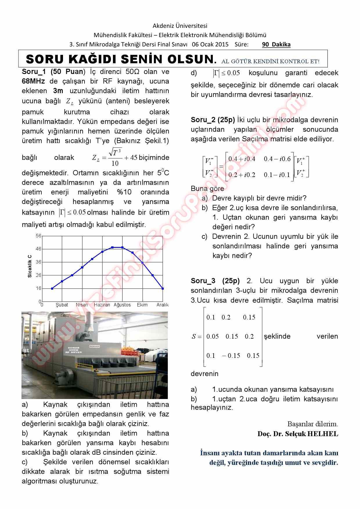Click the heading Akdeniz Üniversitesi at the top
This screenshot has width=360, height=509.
tap(180, 26)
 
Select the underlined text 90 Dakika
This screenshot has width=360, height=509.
tap(276, 44)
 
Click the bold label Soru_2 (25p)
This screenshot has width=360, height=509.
tap(212, 120)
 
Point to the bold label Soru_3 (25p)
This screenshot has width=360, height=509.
tap(215, 281)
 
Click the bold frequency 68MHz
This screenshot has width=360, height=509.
tap(33, 81)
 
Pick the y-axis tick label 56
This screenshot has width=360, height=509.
tap(39, 236)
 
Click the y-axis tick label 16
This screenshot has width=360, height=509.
tap(39, 288)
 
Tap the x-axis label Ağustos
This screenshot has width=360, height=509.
tap(122, 305)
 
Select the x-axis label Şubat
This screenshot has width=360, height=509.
tap(62, 305)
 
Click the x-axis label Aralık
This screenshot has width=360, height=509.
tap(163, 305)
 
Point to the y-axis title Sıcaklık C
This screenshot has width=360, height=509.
tap(30, 266)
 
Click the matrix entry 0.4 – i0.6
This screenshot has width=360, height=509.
tap(277, 159)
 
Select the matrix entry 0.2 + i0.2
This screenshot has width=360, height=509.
tap(242, 175)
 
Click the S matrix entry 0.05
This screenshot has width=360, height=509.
tap(213, 336)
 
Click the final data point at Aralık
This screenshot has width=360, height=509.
tap(163, 288)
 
